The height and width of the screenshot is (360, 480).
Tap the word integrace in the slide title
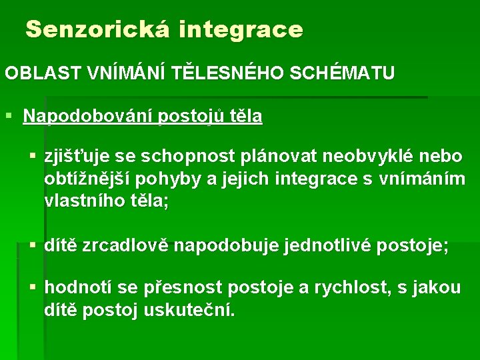241,30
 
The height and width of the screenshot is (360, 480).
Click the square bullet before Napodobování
9,117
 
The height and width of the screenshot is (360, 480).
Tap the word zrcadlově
126,246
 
